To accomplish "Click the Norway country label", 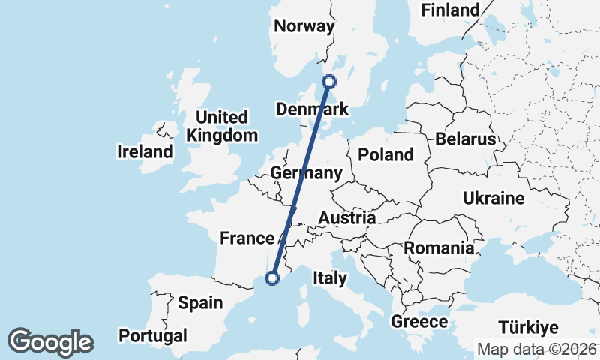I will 304,26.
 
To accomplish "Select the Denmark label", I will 312,109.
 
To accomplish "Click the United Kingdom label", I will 221,127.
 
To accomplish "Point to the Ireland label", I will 145,152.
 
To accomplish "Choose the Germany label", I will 307,173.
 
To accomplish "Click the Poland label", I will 385,154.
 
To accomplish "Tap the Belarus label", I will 465,139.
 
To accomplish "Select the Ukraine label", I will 493,199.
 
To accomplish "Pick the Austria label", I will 346,217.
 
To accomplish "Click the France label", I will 247,238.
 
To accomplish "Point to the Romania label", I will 439,247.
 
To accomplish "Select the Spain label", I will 200,303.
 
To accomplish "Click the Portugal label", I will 152,334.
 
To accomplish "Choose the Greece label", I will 419,322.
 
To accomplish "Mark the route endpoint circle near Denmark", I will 328,82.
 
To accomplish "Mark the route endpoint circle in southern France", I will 272,278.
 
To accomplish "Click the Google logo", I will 51,342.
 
